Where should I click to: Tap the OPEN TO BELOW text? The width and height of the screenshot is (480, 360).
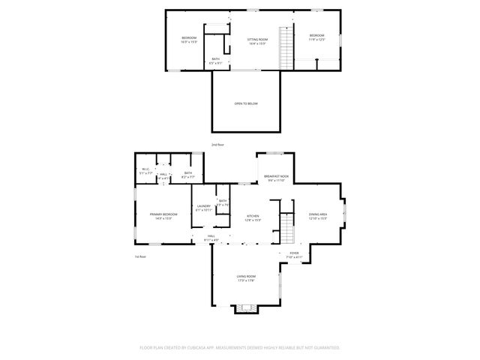click(246, 103)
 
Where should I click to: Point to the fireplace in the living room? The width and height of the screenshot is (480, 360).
click(245, 307)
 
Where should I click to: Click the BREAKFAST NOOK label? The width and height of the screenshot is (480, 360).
click(276, 176)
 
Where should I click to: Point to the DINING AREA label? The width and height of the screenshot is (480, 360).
click(318, 214)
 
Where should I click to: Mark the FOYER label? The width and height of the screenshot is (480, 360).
click(294, 253)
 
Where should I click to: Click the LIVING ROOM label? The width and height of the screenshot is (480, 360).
click(246, 277)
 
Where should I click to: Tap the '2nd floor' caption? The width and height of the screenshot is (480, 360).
click(217, 144)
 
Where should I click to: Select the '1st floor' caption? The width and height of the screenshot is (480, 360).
click(140, 256)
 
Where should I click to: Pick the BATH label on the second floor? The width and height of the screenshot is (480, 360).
click(216, 59)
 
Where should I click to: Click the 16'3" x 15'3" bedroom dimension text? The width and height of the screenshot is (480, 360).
click(188, 42)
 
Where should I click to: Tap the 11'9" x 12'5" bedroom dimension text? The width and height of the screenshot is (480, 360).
click(317, 39)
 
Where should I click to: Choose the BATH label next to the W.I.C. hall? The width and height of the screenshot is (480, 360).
click(188, 173)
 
